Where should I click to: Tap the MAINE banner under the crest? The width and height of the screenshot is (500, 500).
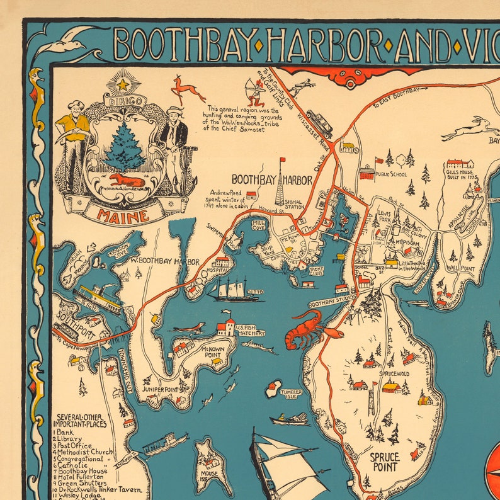point(123,214)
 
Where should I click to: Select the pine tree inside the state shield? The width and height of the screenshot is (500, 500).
point(124,146)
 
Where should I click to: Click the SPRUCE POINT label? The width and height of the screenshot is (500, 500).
point(384,462)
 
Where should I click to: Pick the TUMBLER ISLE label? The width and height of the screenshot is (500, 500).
point(292,395)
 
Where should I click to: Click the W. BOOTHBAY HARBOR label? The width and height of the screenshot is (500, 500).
point(165,261)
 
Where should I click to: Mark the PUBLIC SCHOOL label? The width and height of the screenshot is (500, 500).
point(391,174)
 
